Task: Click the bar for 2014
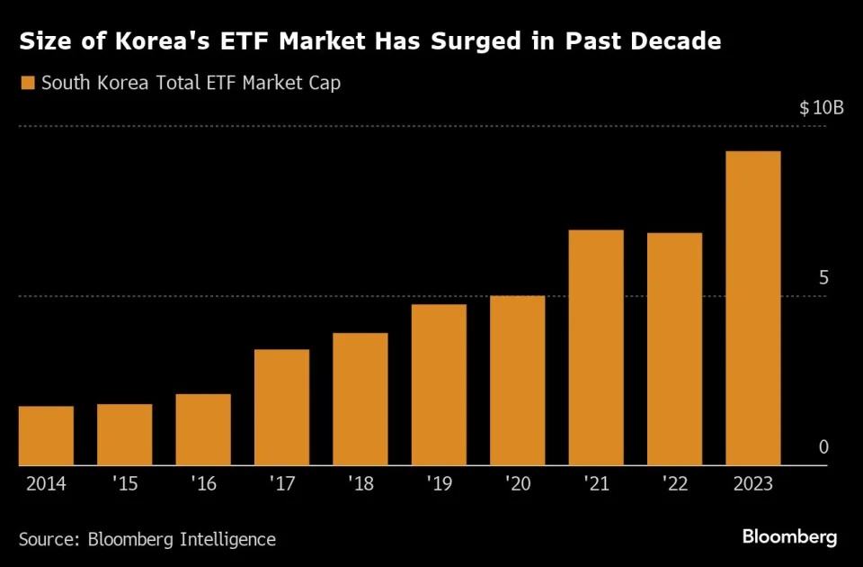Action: pyautogui.click(x=46, y=436)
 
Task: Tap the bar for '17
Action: pyautogui.click(x=281, y=407)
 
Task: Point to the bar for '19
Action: pyautogui.click(x=439, y=384)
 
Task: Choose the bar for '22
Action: pyautogui.click(x=674, y=349)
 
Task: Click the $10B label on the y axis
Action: pyautogui.click(x=821, y=108)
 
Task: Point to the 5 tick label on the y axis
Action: pyautogui.click(x=823, y=278)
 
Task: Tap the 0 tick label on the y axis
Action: pyautogui.click(x=823, y=448)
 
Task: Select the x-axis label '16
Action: pyautogui.click(x=203, y=484)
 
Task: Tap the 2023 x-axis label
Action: pyautogui.click(x=752, y=484)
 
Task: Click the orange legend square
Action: pyautogui.click(x=27, y=84)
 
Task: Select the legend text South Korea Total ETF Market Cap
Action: pyautogui.click(x=191, y=84)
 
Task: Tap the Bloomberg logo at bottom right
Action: pyautogui.click(x=789, y=537)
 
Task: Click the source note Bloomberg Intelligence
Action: pyautogui.click(x=182, y=539)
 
